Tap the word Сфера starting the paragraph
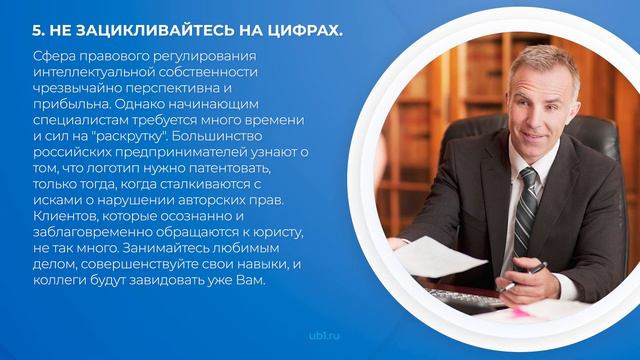(53, 56)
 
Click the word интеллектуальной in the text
(91, 72)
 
